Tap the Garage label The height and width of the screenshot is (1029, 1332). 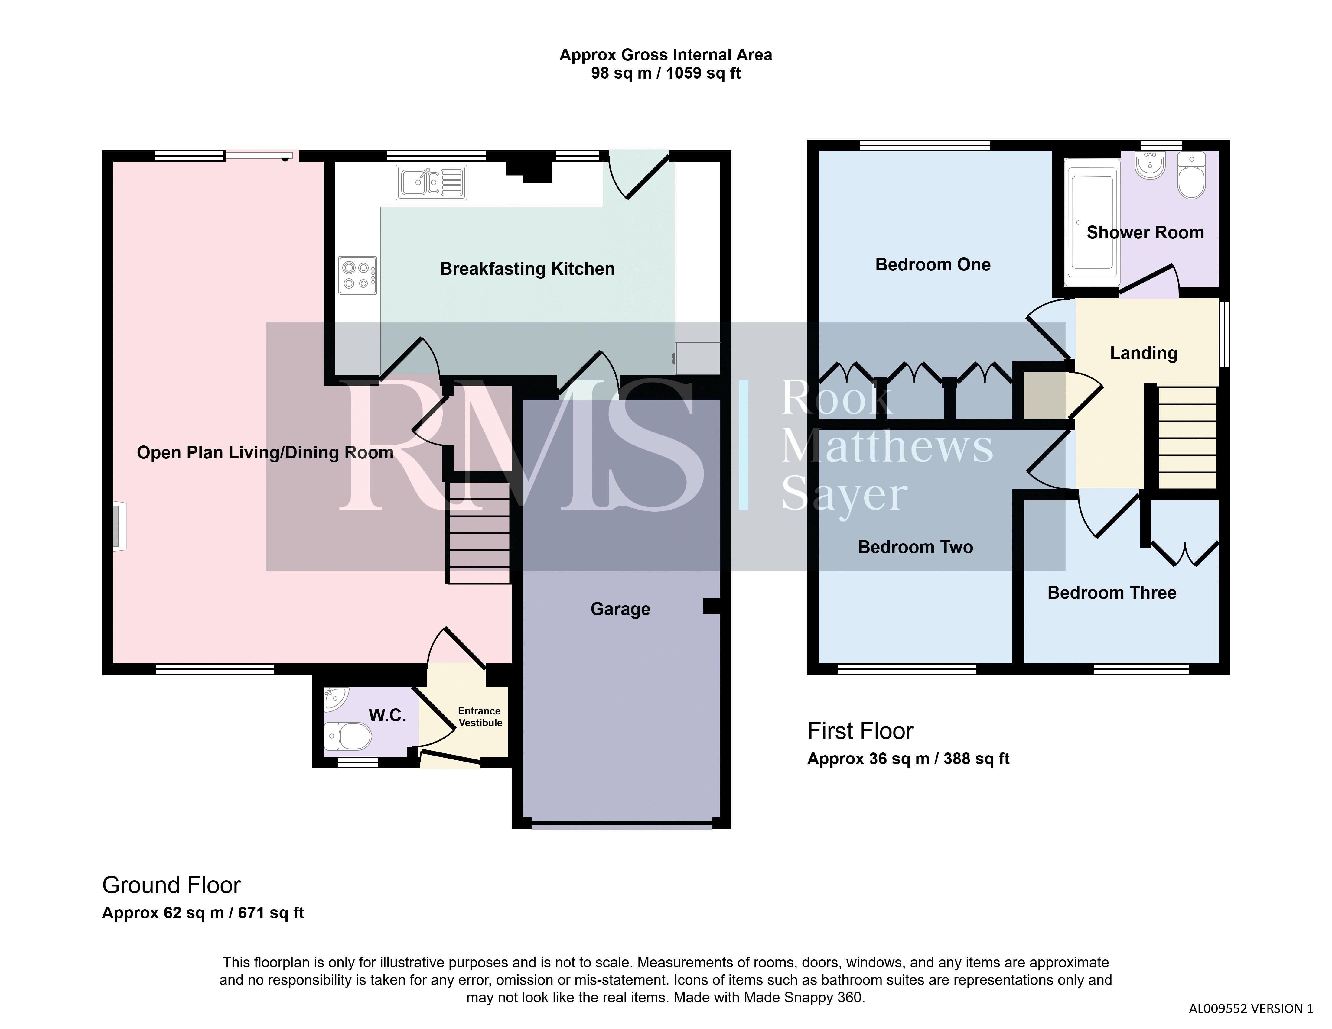pyautogui.click(x=620, y=609)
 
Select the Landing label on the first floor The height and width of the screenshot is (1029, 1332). pyautogui.click(x=1144, y=353)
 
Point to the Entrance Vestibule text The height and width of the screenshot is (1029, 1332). pyautogui.click(x=480, y=717)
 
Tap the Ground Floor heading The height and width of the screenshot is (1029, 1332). pyautogui.click(x=171, y=885)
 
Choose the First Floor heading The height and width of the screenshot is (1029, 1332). pyautogui.click(x=860, y=731)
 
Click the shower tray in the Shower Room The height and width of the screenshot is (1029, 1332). pyautogui.click(x=1092, y=222)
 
